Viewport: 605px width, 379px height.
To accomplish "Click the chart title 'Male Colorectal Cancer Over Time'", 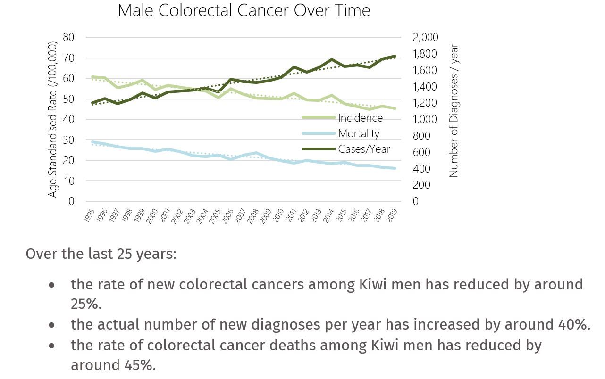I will click(x=244, y=10).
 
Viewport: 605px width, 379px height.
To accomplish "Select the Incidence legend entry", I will click(x=360, y=118).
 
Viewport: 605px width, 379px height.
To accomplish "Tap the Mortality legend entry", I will click(x=359, y=133).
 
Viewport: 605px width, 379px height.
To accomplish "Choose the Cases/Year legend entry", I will click(x=364, y=149).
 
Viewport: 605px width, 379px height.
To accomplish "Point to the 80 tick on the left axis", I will click(x=69, y=37).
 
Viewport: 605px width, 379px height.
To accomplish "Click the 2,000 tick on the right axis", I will click(x=425, y=37).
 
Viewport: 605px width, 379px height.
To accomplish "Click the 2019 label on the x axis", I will click(x=392, y=215).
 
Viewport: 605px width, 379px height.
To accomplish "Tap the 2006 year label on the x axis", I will click(x=227, y=215).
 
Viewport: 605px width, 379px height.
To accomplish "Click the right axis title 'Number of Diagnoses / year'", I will click(x=454, y=111).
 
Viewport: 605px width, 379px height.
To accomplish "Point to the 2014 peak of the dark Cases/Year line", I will click(x=332, y=60).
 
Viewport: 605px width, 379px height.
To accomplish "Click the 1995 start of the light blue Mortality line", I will click(x=92, y=142).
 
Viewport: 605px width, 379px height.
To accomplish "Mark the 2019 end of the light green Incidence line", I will click(x=395, y=108).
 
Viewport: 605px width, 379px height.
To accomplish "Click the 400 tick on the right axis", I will click(x=422, y=169).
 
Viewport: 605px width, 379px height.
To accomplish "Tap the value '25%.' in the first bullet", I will click(x=86, y=305).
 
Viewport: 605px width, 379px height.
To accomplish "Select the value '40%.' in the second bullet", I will click(x=571, y=325).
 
